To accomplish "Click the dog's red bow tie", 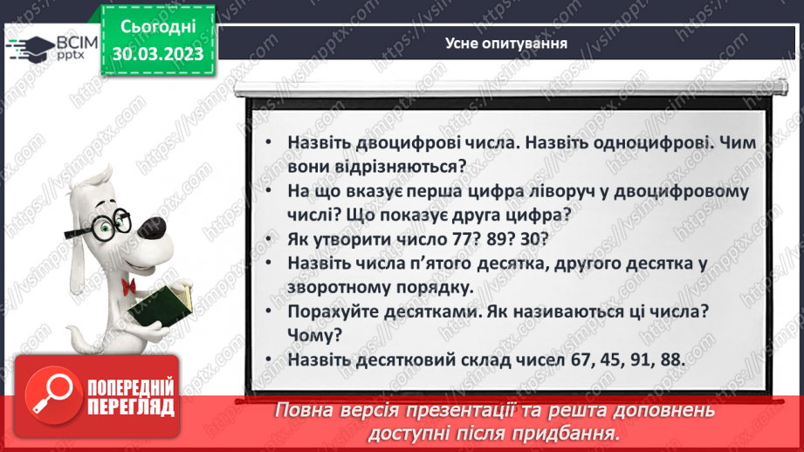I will pyautogui.click(x=128, y=261).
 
